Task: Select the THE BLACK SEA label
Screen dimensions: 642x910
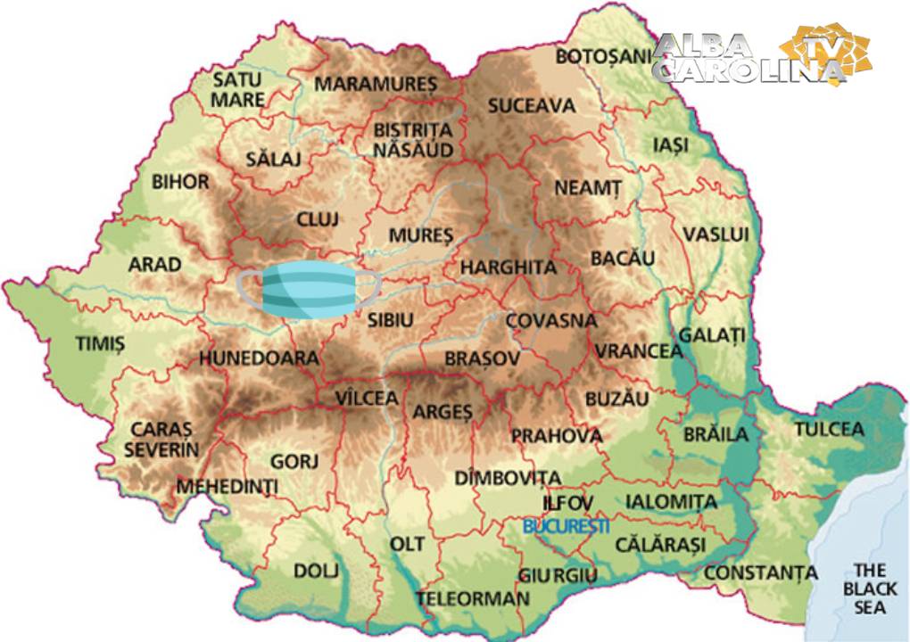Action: (x=870, y=588)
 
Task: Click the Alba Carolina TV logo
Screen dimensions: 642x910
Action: (x=763, y=59)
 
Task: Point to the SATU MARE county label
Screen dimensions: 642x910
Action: (x=237, y=89)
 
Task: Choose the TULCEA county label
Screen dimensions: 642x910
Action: (x=829, y=430)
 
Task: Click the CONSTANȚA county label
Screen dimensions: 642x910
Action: (x=760, y=572)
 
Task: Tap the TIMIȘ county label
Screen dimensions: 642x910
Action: (x=100, y=343)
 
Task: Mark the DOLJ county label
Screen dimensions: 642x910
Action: (x=316, y=572)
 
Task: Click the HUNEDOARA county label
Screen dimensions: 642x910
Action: (x=259, y=358)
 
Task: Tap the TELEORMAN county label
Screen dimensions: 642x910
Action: (x=472, y=598)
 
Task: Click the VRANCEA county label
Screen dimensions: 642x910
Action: (x=639, y=351)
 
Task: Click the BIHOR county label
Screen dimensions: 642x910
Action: (x=180, y=182)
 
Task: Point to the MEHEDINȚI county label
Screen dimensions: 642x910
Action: (x=227, y=487)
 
